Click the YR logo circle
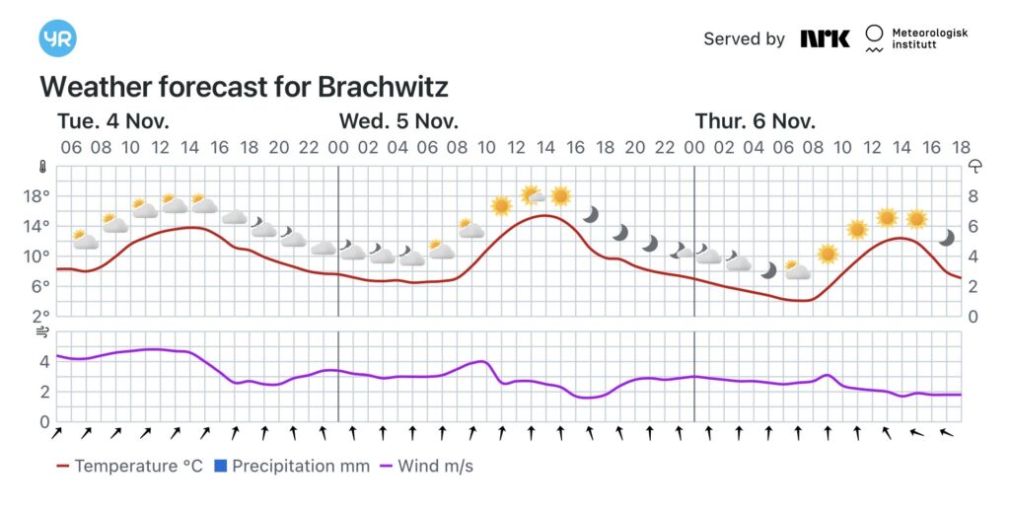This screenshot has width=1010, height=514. [57, 38]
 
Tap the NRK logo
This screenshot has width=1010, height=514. [825, 38]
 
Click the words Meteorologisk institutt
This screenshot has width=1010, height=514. [929, 39]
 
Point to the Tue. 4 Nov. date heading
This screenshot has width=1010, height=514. [113, 121]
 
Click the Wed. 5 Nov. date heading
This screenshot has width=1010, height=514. [398, 121]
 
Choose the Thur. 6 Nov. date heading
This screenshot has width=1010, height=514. [756, 121]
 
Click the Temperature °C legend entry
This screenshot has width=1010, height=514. [130, 466]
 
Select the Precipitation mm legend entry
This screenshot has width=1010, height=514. [292, 466]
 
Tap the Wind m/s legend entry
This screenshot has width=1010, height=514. [426, 466]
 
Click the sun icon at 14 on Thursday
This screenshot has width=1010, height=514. [917, 218]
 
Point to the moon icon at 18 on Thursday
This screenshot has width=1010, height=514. [947, 238]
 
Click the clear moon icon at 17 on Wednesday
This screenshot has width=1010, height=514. [591, 214]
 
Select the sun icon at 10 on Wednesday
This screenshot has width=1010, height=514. [501, 205]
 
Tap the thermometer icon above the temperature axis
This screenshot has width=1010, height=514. [42, 166]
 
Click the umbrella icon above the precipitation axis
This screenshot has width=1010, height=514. [975, 166]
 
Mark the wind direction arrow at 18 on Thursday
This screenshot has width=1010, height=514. [947, 432]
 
